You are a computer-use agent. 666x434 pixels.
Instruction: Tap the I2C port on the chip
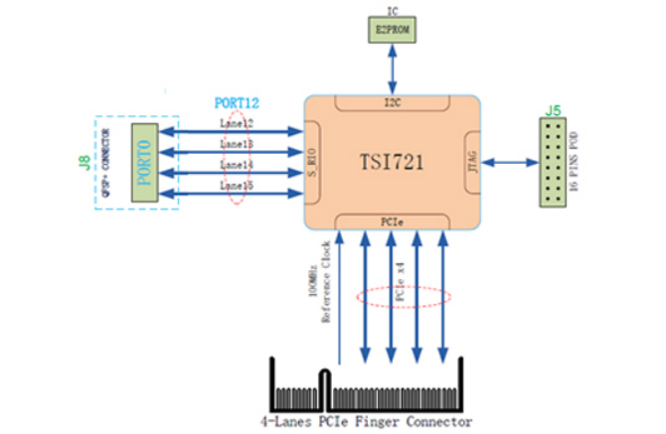pos(392,101)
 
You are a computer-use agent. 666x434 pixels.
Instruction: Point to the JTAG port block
pos(473,160)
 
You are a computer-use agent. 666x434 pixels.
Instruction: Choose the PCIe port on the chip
pos(392,219)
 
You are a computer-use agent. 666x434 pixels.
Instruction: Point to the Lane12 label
pos(236,123)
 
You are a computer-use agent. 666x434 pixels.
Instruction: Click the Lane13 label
pos(236,144)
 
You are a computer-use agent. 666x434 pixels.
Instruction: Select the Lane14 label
pos(236,165)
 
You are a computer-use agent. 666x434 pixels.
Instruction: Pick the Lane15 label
pos(236,186)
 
